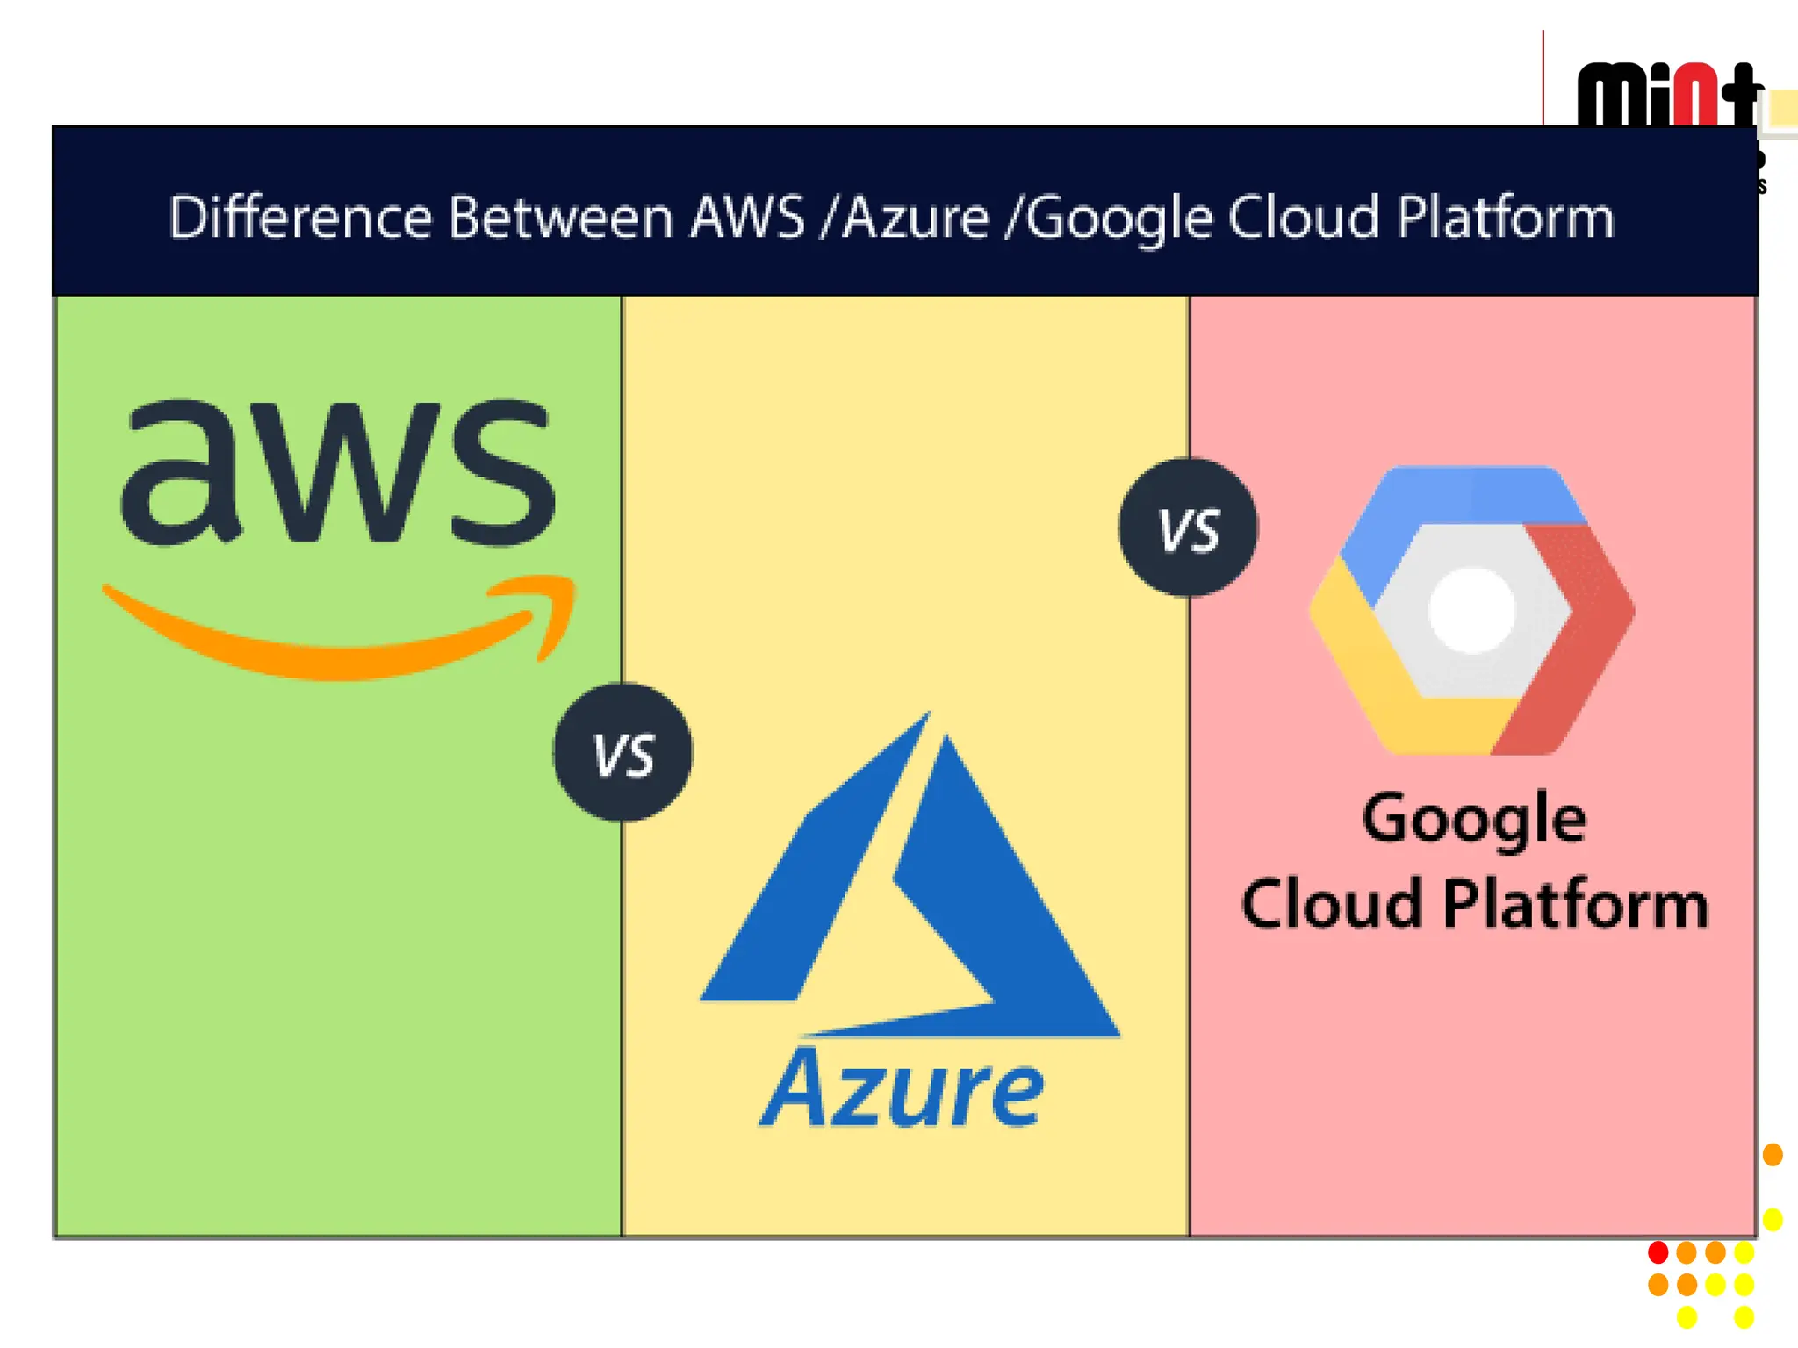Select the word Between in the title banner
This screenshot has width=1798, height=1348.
coord(561,217)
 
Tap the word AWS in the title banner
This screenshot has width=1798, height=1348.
coord(747,217)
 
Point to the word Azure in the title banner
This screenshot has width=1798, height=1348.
coord(917,217)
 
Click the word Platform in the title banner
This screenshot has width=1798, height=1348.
coord(1506,217)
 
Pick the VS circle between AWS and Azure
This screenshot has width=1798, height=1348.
coord(622,753)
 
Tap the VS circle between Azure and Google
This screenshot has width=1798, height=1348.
coord(1188,528)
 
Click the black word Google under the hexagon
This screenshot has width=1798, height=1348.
coord(1474,820)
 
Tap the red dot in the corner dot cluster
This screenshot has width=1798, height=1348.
coord(1658,1251)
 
